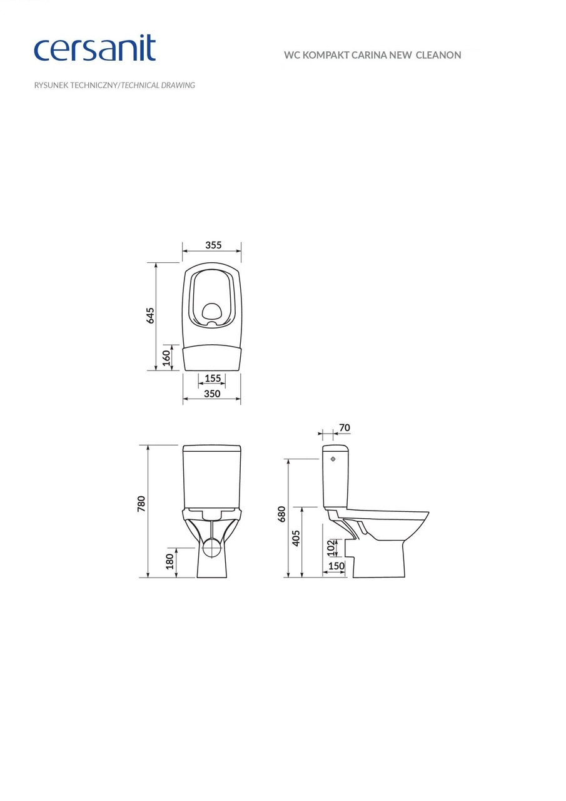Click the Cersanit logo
(94, 48)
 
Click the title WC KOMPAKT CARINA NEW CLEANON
(372, 55)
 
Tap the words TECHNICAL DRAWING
(158, 85)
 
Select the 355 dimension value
(213, 245)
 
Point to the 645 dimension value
(151, 315)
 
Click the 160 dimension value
(166, 358)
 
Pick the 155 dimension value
(213, 378)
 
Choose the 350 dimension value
(212, 394)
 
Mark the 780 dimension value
(141, 504)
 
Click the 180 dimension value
(169, 561)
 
